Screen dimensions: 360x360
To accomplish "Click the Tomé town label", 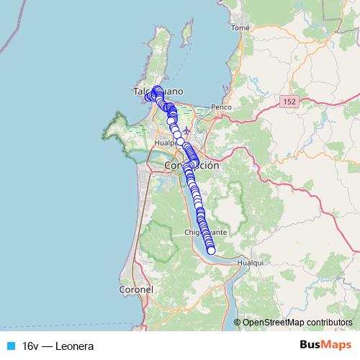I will [x=240, y=28].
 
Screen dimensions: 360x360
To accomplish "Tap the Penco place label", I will [x=220, y=107].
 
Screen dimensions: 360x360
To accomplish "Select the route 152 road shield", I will [x=289, y=103].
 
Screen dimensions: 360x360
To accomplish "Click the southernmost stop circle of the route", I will [x=211, y=251].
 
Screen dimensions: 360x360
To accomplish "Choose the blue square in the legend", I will [x=9, y=346].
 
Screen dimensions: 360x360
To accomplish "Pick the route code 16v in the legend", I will [x=30, y=346].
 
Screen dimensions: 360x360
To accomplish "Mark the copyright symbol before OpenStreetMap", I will [x=238, y=322].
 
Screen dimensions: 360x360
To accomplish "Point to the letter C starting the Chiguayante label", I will [x=188, y=233].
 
